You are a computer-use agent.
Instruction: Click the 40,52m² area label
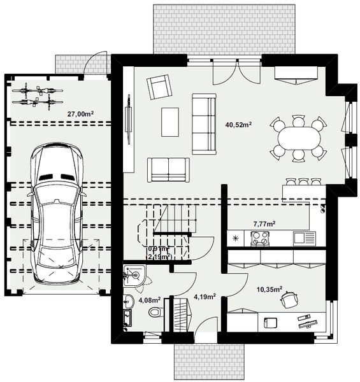[238, 125]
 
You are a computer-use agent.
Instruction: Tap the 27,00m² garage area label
[80, 115]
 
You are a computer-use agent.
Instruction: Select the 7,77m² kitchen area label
[264, 224]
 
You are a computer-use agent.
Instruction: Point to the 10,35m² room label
[268, 288]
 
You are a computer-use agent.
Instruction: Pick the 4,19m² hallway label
[204, 296]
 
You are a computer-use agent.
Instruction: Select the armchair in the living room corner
[159, 87]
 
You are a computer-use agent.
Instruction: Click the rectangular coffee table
[170, 121]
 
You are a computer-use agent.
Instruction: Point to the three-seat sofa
[204, 123]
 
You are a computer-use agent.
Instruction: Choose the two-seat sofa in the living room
[168, 169]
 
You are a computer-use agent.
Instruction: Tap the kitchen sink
[302, 238]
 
